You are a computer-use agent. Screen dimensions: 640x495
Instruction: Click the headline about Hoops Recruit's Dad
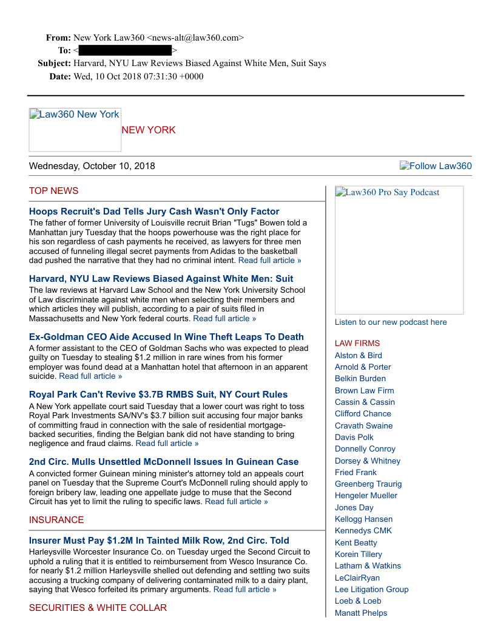(x=154, y=212)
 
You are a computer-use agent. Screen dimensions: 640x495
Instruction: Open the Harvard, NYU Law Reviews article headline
(x=161, y=279)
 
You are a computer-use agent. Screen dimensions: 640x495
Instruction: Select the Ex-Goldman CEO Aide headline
(x=166, y=337)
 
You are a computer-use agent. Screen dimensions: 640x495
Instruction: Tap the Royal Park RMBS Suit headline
(x=158, y=395)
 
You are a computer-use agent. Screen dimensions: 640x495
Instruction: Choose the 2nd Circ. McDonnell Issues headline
(x=164, y=462)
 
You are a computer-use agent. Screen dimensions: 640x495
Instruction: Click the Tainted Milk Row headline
(x=159, y=541)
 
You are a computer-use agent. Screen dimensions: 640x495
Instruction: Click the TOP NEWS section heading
(x=53, y=191)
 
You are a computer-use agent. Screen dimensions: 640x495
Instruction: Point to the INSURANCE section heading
(x=56, y=520)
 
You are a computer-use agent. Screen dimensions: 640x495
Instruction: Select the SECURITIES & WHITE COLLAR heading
(x=98, y=608)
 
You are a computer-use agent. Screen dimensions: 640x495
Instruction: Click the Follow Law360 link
(x=436, y=166)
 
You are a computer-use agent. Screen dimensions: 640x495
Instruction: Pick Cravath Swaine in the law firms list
(x=363, y=425)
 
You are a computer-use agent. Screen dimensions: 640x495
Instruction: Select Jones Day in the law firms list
(x=354, y=507)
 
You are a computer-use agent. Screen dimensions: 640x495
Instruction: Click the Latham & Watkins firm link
(x=368, y=565)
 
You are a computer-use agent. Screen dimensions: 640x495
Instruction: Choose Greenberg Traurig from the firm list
(x=368, y=484)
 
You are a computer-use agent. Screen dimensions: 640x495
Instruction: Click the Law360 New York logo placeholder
(x=75, y=129)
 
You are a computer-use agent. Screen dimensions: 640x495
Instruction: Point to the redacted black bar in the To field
(x=125, y=50)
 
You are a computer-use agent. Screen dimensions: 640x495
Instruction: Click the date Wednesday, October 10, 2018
(x=92, y=166)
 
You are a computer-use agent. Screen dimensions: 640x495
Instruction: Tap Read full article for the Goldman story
(x=90, y=376)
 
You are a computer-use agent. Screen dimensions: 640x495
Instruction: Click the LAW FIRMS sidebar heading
(x=357, y=343)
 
